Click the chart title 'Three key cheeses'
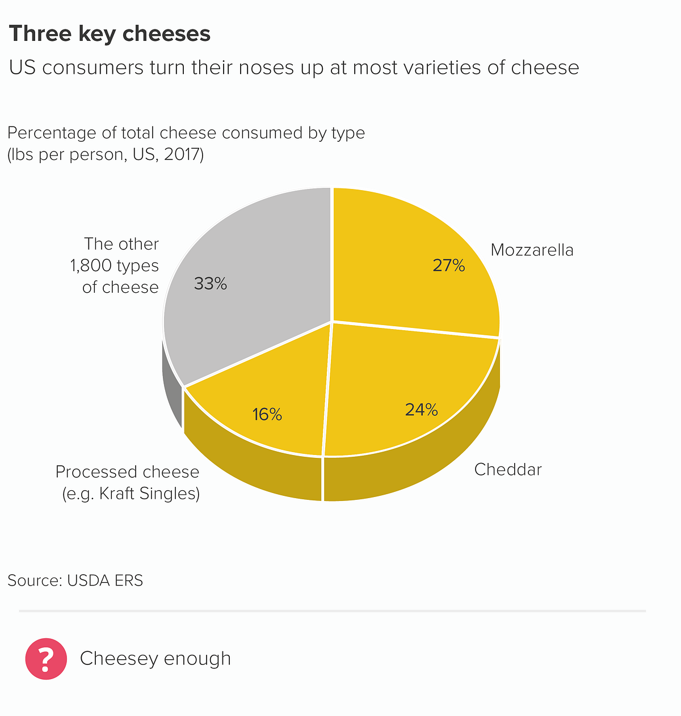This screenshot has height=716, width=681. (110, 34)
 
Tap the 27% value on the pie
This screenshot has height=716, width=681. (448, 266)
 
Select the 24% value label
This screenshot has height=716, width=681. (421, 410)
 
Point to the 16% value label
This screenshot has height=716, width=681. (267, 415)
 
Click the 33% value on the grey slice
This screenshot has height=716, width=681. (211, 284)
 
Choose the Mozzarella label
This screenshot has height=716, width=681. (532, 250)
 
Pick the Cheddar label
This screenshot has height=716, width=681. (508, 470)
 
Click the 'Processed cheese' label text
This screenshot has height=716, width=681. (127, 472)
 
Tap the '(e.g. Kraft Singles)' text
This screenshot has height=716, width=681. (131, 494)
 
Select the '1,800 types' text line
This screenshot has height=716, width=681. (115, 266)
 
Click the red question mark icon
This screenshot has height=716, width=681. (46, 659)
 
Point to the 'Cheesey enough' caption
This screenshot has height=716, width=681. (155, 659)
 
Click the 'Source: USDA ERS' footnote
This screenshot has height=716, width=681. (75, 580)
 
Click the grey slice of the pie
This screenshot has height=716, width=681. (255, 255)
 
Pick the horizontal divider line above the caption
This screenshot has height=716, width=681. (332, 611)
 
